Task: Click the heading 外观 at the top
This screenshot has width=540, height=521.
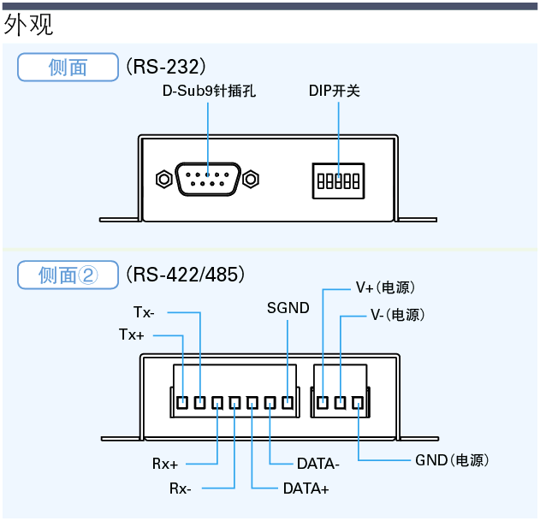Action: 28,25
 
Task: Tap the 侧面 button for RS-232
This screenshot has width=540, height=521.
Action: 68,68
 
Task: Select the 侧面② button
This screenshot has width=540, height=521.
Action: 68,275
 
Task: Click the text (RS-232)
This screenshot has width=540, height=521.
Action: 166,67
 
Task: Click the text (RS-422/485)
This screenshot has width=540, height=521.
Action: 186,275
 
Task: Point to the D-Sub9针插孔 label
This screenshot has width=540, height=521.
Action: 209,90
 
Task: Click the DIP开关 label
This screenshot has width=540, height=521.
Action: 334,90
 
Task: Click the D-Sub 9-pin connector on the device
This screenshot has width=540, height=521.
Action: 206,180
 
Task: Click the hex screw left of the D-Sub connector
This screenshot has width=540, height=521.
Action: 162,180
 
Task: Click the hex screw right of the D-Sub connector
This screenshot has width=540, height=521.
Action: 250,180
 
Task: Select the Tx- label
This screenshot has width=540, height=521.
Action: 144,311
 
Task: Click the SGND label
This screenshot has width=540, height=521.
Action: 288,308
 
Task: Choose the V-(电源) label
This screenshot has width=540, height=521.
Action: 397,315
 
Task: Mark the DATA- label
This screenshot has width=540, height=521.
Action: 318,465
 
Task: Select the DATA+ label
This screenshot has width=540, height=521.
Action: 306,488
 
